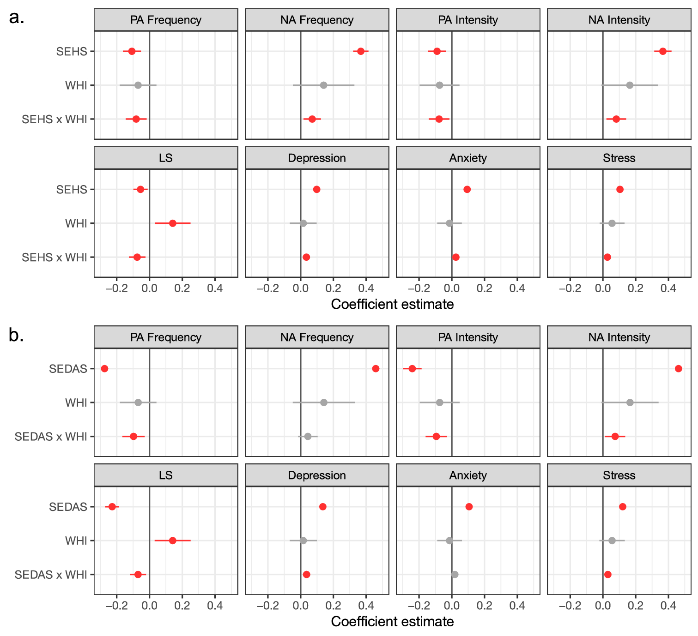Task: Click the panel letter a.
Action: (16, 18)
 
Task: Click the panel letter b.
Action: (16, 336)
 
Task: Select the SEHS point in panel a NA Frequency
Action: (361, 51)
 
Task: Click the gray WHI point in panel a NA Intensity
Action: (630, 85)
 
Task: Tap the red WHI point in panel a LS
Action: (173, 223)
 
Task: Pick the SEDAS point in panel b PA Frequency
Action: (104, 368)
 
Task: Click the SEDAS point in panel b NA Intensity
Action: (678, 368)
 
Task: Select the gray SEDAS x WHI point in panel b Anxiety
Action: (455, 575)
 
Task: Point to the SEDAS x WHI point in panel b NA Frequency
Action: (308, 436)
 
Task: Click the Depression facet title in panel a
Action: (317, 158)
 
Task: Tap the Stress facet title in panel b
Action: (619, 475)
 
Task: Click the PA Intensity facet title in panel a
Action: (468, 20)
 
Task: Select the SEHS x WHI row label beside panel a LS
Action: (55, 258)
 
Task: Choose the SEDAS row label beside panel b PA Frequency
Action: (68, 369)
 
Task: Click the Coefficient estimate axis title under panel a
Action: (392, 304)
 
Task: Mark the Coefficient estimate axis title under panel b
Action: (392, 622)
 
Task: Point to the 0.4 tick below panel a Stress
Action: (668, 288)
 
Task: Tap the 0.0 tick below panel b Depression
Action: (301, 606)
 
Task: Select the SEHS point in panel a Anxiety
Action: (467, 189)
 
